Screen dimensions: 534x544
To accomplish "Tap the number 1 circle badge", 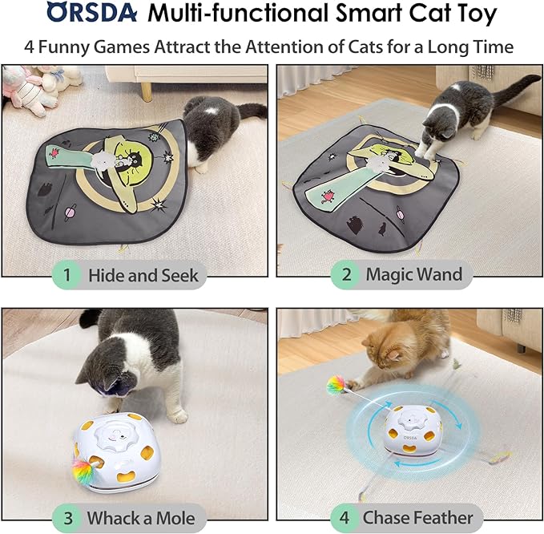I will click(67, 276).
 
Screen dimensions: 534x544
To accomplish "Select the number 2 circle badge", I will click(346, 275).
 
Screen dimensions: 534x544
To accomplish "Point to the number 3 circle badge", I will click(67, 517).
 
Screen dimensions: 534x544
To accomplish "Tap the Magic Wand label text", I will click(413, 275).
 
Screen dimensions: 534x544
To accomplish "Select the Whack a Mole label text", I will click(140, 517).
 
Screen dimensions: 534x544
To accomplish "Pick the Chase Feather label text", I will click(417, 517).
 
